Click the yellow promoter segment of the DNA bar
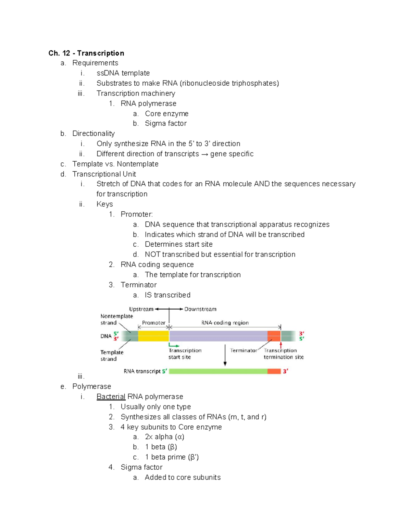153,336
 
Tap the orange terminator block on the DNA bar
274,336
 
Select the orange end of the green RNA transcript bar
274,371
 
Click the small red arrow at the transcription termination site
281,345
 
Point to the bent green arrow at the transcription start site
173,345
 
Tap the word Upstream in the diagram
141,309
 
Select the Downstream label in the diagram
200,309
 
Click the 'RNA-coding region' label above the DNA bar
225,323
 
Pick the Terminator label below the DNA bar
244,350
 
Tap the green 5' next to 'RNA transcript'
165,371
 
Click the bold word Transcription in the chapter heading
100,53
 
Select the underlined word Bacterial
111,396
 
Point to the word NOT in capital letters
152,254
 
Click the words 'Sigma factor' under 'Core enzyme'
166,123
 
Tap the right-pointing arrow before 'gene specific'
204,154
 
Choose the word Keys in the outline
105,204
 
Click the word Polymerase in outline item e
92,386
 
